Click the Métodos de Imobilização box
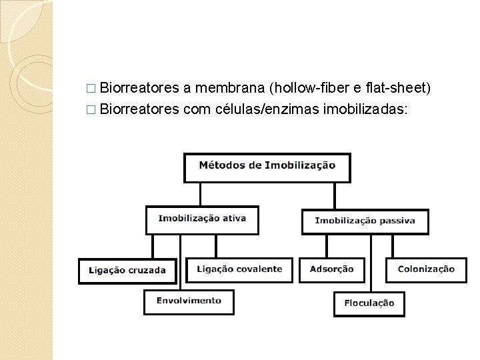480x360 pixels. pyautogui.click(x=267, y=167)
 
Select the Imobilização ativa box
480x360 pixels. pyautogui.click(x=201, y=219)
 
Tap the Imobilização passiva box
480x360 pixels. pyautogui.click(x=365, y=221)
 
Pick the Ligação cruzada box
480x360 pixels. pyautogui.click(x=127, y=271)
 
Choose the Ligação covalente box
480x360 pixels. pyautogui.click(x=239, y=270)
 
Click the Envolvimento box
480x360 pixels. pyautogui.click(x=189, y=301)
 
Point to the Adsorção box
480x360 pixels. pyautogui.click(x=332, y=270)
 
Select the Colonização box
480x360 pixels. pyautogui.click(x=426, y=270)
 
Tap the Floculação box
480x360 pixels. pyautogui.click(x=369, y=304)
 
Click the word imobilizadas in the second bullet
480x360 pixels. pyautogui.click(x=364, y=109)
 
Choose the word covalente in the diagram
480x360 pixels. pyautogui.click(x=259, y=270)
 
